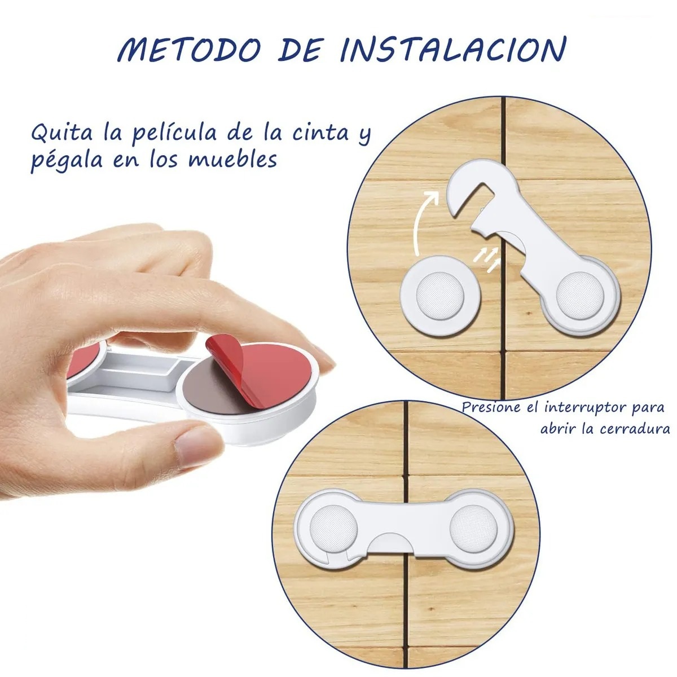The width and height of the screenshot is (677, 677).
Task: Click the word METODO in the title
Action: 189,50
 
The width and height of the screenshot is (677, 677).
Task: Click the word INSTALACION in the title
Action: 454,50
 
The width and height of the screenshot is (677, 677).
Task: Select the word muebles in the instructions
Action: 232,160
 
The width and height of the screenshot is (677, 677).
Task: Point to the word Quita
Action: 62,133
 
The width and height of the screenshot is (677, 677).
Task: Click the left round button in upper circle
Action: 440,294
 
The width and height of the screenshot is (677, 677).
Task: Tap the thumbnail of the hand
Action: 199,446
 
